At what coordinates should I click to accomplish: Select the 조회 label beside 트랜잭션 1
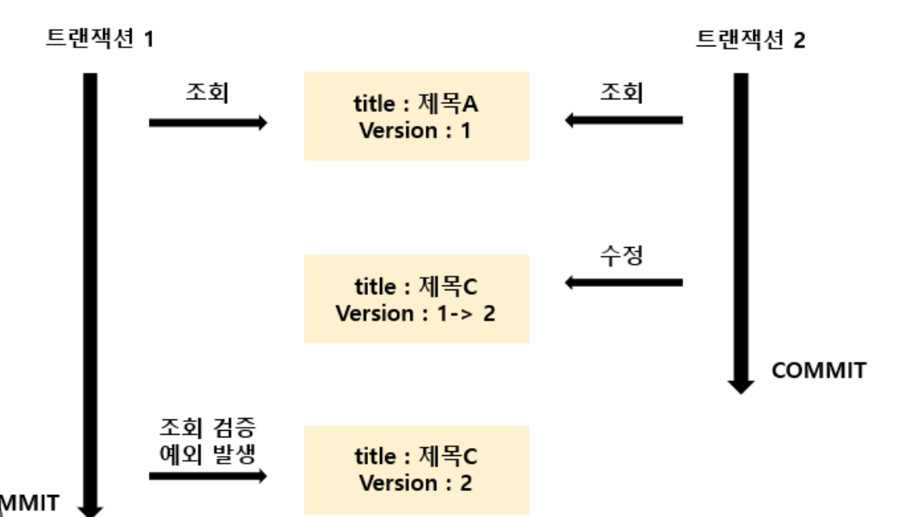[x=207, y=93]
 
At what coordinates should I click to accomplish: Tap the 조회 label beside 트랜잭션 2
[x=622, y=92]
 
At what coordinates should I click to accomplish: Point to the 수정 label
[x=622, y=255]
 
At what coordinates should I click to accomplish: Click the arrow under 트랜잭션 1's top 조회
[x=208, y=123]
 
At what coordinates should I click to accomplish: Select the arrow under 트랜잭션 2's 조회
[x=623, y=120]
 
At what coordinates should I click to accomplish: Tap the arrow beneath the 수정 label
[x=623, y=283]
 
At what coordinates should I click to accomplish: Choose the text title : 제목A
[x=415, y=104]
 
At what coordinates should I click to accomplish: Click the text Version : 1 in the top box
[x=415, y=130]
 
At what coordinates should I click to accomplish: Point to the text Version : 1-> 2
[x=415, y=314]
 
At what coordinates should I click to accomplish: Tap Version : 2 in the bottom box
[x=415, y=483]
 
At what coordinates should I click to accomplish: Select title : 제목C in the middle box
[x=415, y=287]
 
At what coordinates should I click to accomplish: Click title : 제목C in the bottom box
[x=415, y=456]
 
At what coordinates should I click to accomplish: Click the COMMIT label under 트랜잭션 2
[x=818, y=371]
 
